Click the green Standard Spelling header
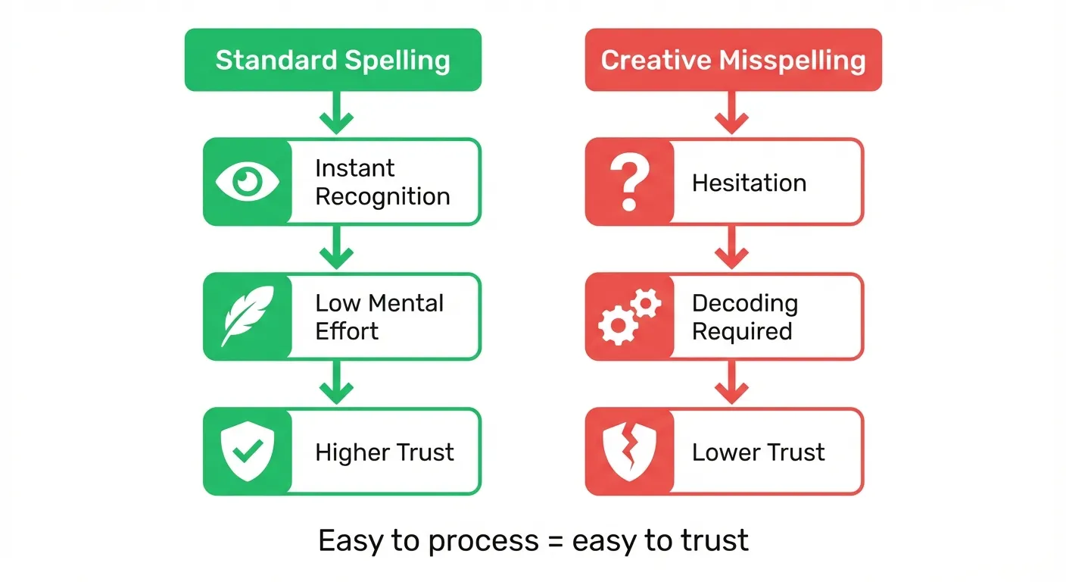[x=332, y=60]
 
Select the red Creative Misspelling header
[x=733, y=60]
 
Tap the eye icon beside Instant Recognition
[x=248, y=182]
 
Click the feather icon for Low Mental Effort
[x=248, y=317]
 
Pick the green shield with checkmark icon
[x=248, y=452]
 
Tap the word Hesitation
[x=749, y=183]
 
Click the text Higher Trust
[x=384, y=452]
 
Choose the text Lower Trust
[x=758, y=452]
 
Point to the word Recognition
[x=382, y=197]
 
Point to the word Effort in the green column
[x=347, y=331]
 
